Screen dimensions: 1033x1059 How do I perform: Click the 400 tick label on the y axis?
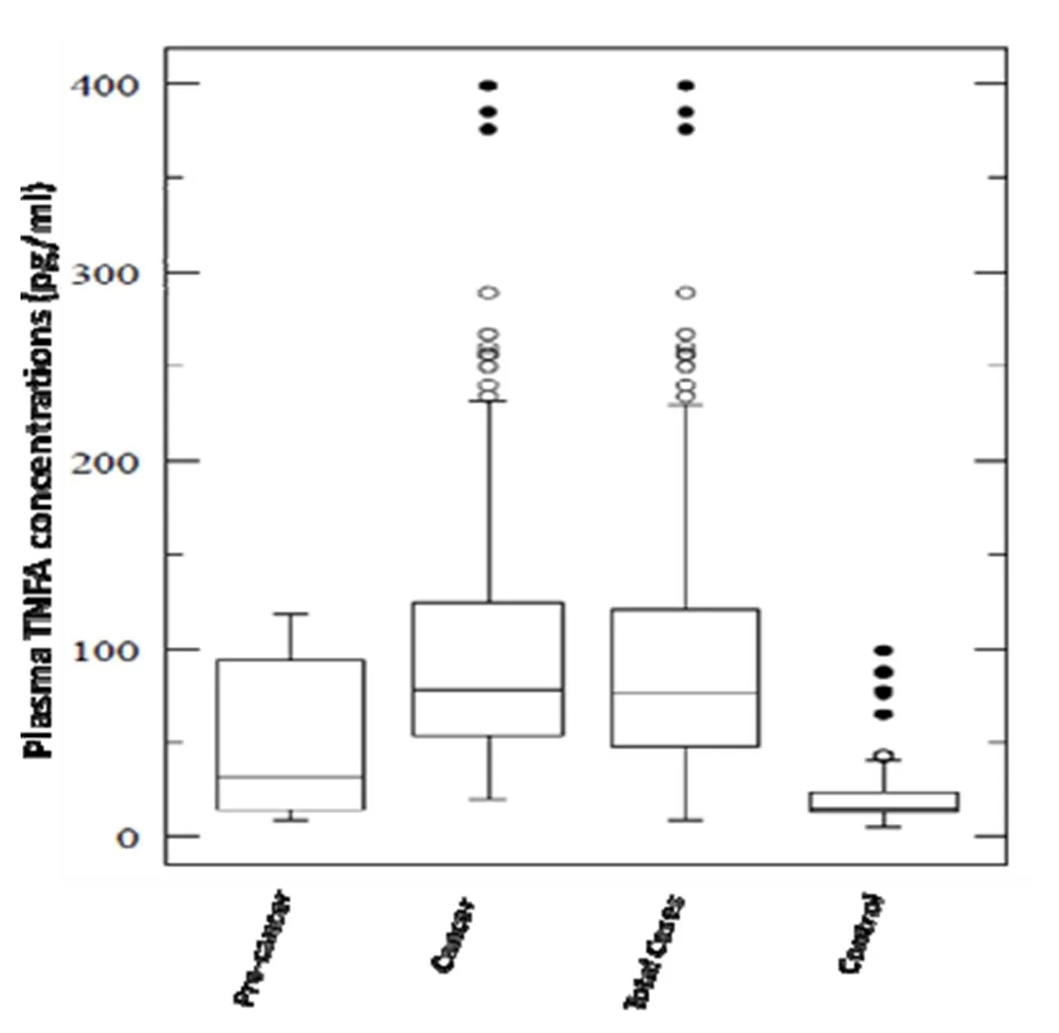click(x=103, y=85)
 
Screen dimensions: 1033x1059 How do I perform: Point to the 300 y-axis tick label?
click(x=103, y=273)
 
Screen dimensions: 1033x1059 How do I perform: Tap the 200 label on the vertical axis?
click(x=103, y=462)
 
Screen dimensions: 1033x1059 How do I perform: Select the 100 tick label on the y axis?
click(x=103, y=651)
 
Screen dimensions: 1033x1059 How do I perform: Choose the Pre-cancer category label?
click(x=264, y=948)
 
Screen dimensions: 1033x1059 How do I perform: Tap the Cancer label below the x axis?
click(x=452, y=935)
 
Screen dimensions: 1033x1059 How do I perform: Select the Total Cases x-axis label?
click(x=655, y=951)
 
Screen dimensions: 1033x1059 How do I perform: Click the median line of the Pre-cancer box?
click(x=291, y=776)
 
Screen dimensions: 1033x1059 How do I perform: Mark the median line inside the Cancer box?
click(x=488, y=689)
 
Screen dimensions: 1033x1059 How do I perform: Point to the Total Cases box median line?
click(x=685, y=692)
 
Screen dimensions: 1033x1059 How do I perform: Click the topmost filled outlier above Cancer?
click(x=489, y=85)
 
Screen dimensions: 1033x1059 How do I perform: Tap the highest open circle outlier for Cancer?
click(x=489, y=293)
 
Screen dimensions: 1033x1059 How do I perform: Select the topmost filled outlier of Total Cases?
click(x=685, y=85)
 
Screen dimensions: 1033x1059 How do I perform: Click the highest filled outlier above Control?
click(x=883, y=651)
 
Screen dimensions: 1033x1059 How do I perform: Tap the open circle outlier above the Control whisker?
click(x=883, y=756)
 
